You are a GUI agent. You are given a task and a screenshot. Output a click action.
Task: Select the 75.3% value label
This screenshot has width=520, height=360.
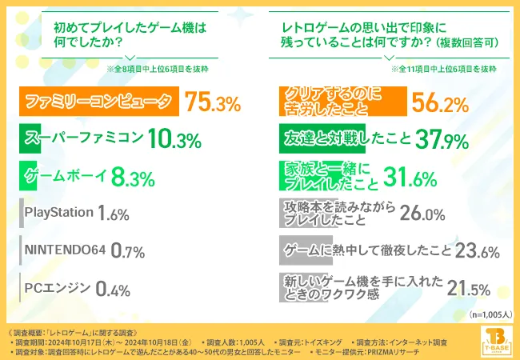click(213, 102)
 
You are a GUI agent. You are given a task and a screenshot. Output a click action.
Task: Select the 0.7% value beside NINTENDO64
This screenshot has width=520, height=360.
click(127, 251)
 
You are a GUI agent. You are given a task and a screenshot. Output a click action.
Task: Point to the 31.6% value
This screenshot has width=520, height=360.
click(410, 177)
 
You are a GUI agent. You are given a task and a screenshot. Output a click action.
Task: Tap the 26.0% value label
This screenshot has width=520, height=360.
click(422, 214)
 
